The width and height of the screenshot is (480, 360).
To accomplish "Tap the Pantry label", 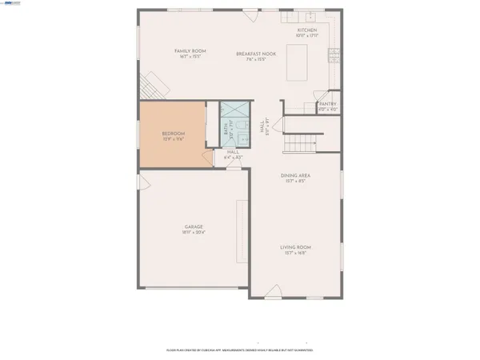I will [x=328, y=104].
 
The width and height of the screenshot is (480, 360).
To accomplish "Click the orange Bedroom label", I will [x=174, y=133].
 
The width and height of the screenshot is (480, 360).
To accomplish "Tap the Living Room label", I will [x=295, y=248].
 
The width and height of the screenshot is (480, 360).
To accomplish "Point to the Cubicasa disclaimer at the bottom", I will [x=239, y=350].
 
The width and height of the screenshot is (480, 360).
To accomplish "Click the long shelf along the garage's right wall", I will [x=237, y=232].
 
